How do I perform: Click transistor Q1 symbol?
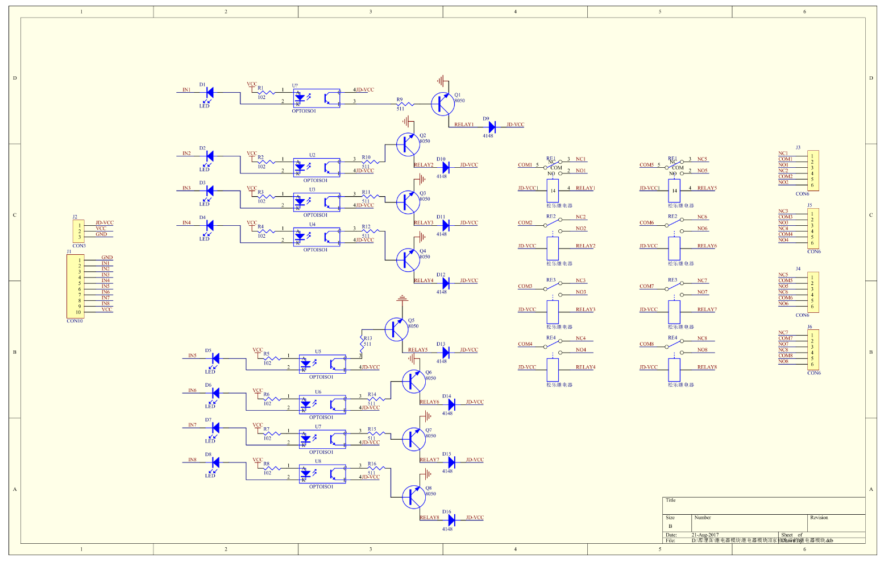442,104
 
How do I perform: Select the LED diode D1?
209,92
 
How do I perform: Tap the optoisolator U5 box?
322,363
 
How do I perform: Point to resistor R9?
405,104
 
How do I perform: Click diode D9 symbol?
492,127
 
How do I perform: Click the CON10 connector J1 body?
75,286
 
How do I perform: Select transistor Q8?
413,497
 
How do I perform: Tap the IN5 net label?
192,356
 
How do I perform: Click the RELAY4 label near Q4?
424,280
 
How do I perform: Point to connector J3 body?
813,171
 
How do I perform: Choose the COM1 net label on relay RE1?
525,165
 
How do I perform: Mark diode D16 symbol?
451,520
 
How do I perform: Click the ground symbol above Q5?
402,298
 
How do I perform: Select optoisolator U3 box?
317,201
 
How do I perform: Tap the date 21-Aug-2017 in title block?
705,535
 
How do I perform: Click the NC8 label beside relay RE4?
702,338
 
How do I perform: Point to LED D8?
215,463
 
